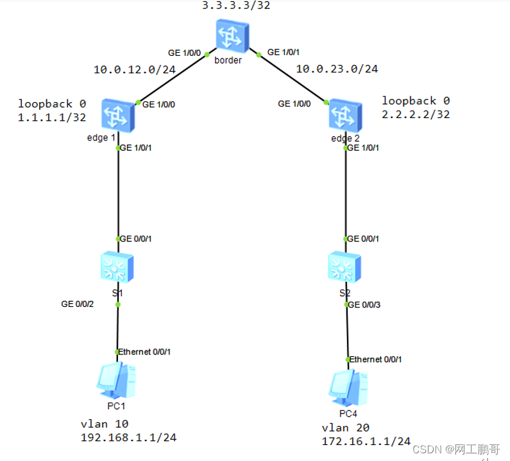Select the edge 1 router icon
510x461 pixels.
click(117, 117)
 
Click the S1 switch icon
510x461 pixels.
click(117, 266)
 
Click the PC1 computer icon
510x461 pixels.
click(116, 380)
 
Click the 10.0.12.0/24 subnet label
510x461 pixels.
click(135, 69)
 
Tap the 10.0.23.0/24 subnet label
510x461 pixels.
click(337, 69)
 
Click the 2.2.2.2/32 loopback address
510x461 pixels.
click(416, 115)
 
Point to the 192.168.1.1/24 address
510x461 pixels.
click(128, 437)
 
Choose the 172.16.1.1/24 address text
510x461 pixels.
click(366, 441)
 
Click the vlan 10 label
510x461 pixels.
click(105, 423)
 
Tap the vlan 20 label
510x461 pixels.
click(346, 428)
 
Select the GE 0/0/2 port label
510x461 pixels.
click(78, 304)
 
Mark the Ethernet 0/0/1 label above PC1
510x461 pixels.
click(145, 352)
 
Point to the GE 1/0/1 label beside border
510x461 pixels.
click(283, 51)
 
